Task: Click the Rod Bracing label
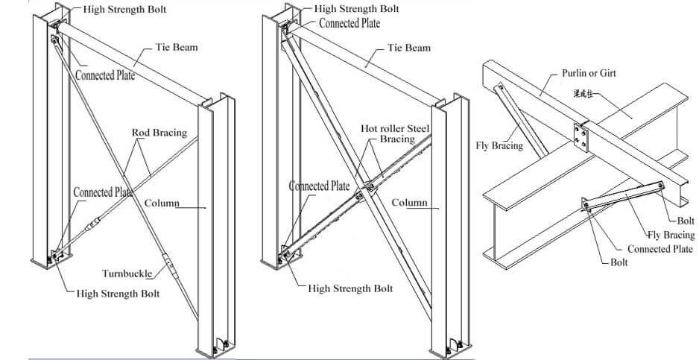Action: [159, 133]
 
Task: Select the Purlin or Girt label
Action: [588, 74]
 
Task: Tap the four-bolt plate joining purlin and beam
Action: [582, 137]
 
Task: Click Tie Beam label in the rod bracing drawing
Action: [177, 48]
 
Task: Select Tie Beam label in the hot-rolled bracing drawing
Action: [408, 48]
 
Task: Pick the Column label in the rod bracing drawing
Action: [162, 203]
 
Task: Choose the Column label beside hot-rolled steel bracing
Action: [409, 203]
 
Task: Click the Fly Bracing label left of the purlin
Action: [499, 145]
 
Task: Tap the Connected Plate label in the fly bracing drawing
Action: [660, 249]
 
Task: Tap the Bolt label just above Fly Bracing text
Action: [686, 221]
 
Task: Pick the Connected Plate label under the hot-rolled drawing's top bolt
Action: [349, 23]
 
